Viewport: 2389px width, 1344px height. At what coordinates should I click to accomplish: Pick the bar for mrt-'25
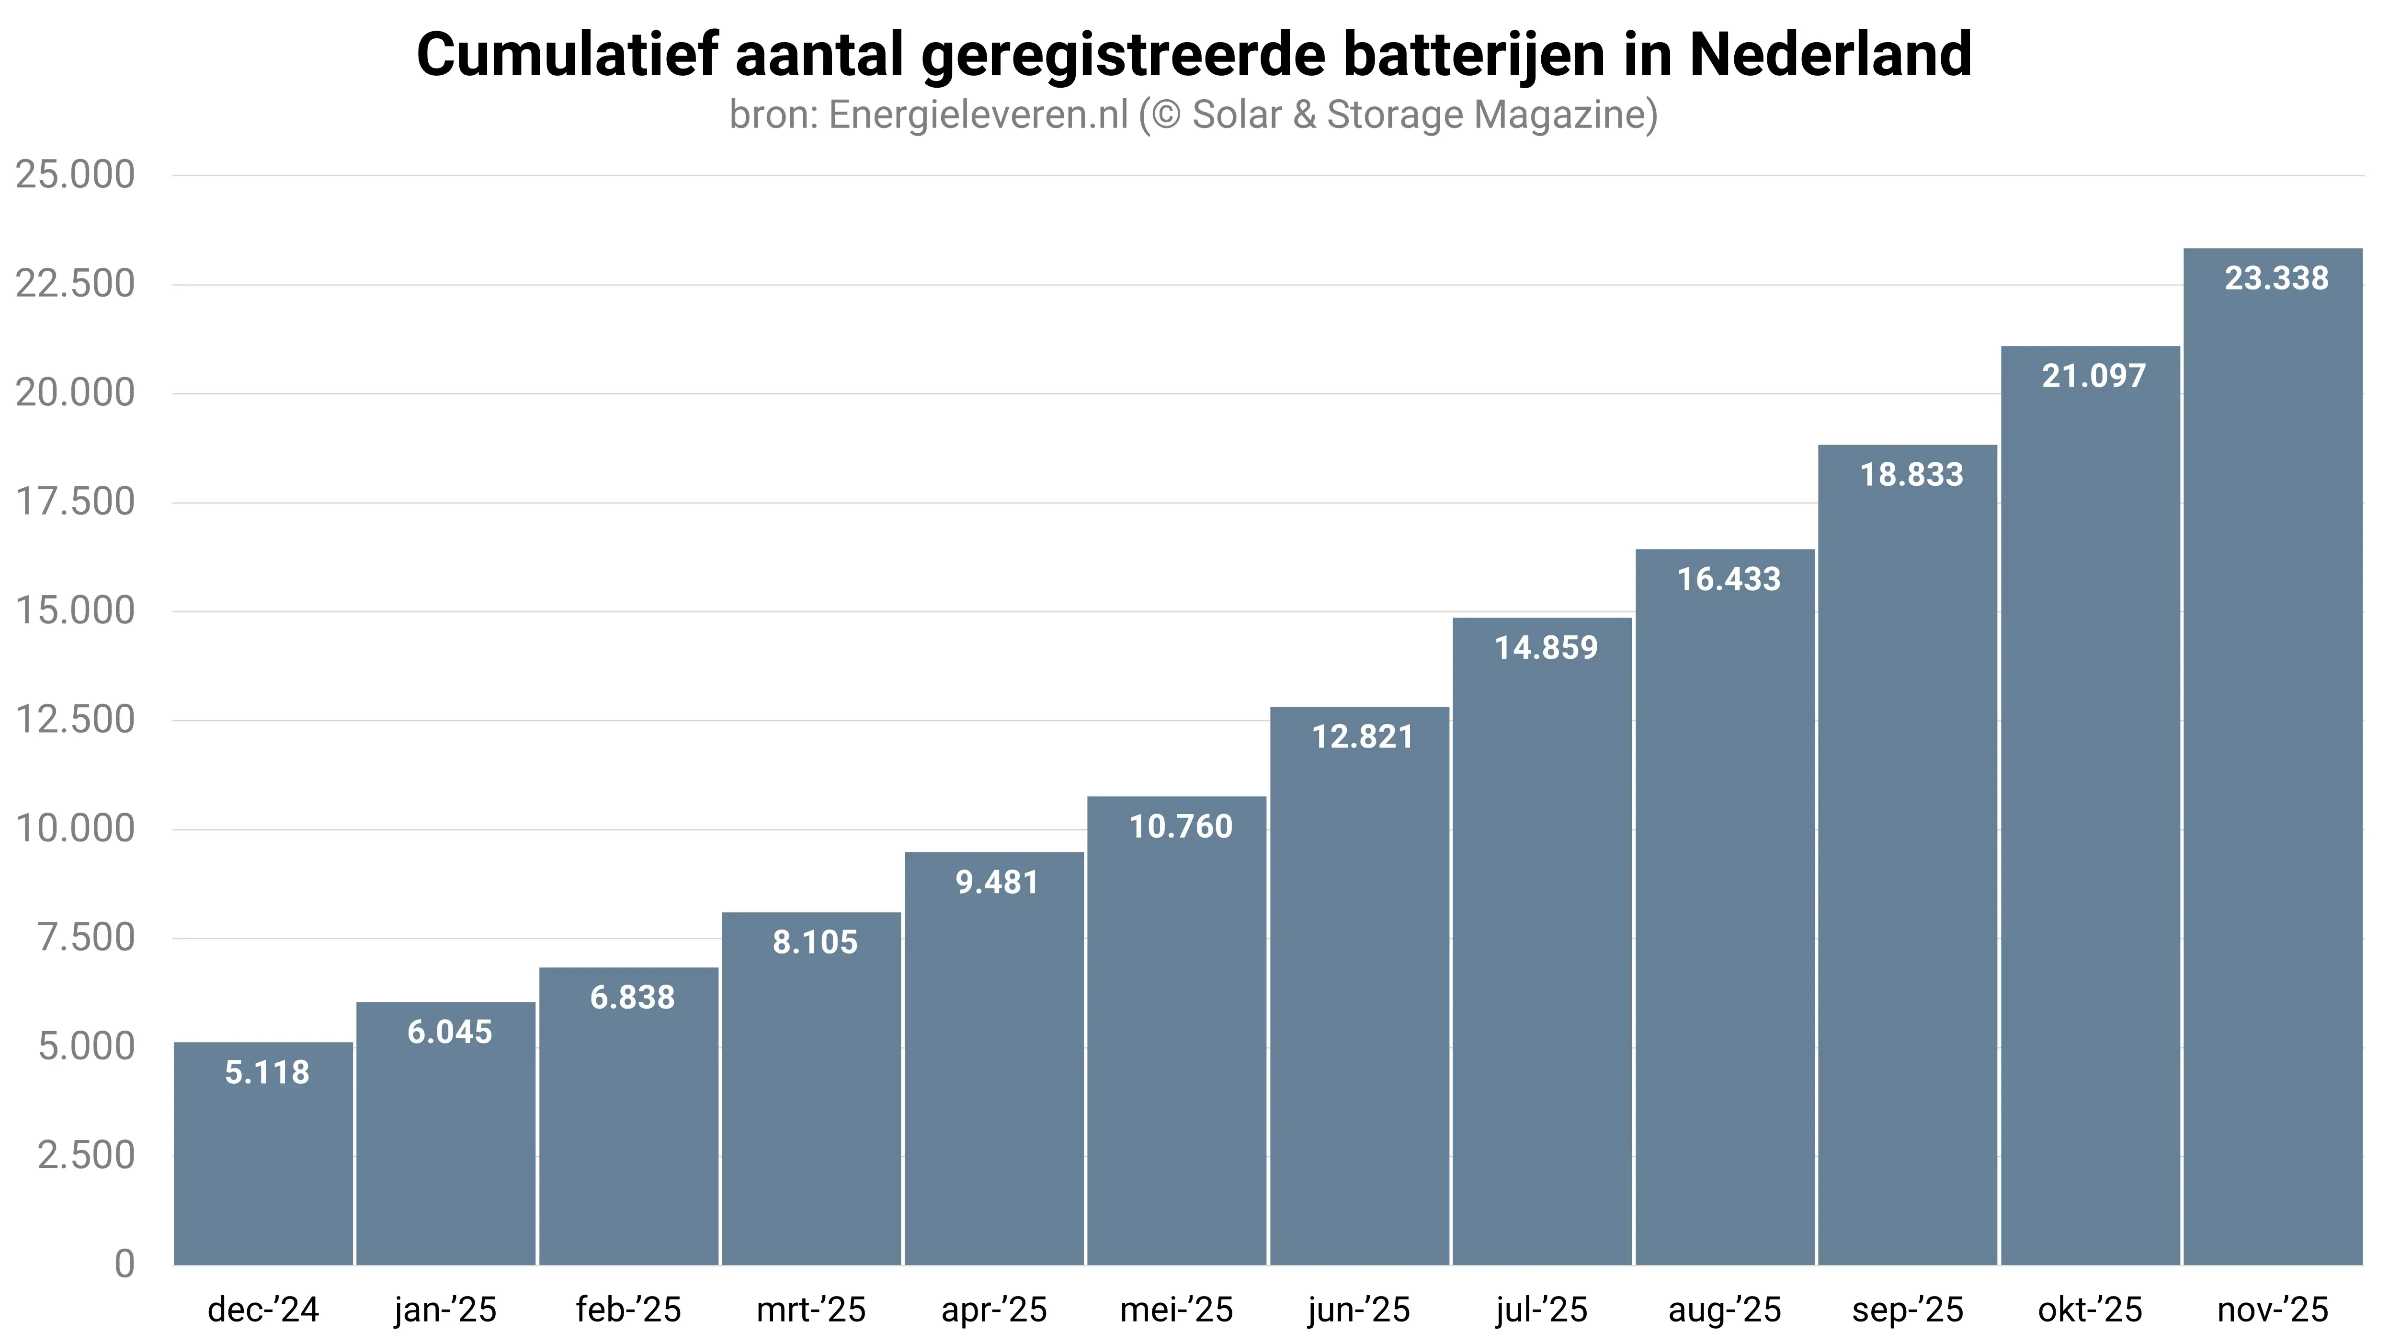tap(811, 1104)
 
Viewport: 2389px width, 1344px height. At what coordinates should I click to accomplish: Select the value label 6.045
tap(450, 1032)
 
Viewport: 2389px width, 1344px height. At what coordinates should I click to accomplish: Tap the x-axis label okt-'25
tap(2090, 1310)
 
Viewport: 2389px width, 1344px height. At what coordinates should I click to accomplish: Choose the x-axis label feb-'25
tap(629, 1310)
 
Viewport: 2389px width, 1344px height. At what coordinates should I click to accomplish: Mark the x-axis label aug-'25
tap(1725, 1310)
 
